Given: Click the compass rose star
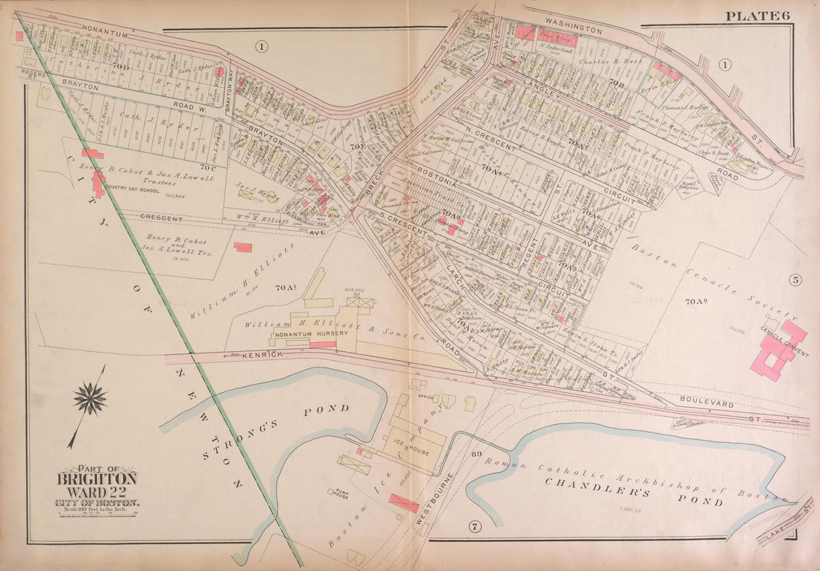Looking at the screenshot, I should [90, 399].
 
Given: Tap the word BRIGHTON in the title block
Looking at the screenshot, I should [97, 479].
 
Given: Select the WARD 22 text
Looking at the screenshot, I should [97, 493].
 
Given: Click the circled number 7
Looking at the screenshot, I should [473, 528].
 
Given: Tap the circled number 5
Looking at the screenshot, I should [795, 281].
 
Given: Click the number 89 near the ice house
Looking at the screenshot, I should [476, 452].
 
